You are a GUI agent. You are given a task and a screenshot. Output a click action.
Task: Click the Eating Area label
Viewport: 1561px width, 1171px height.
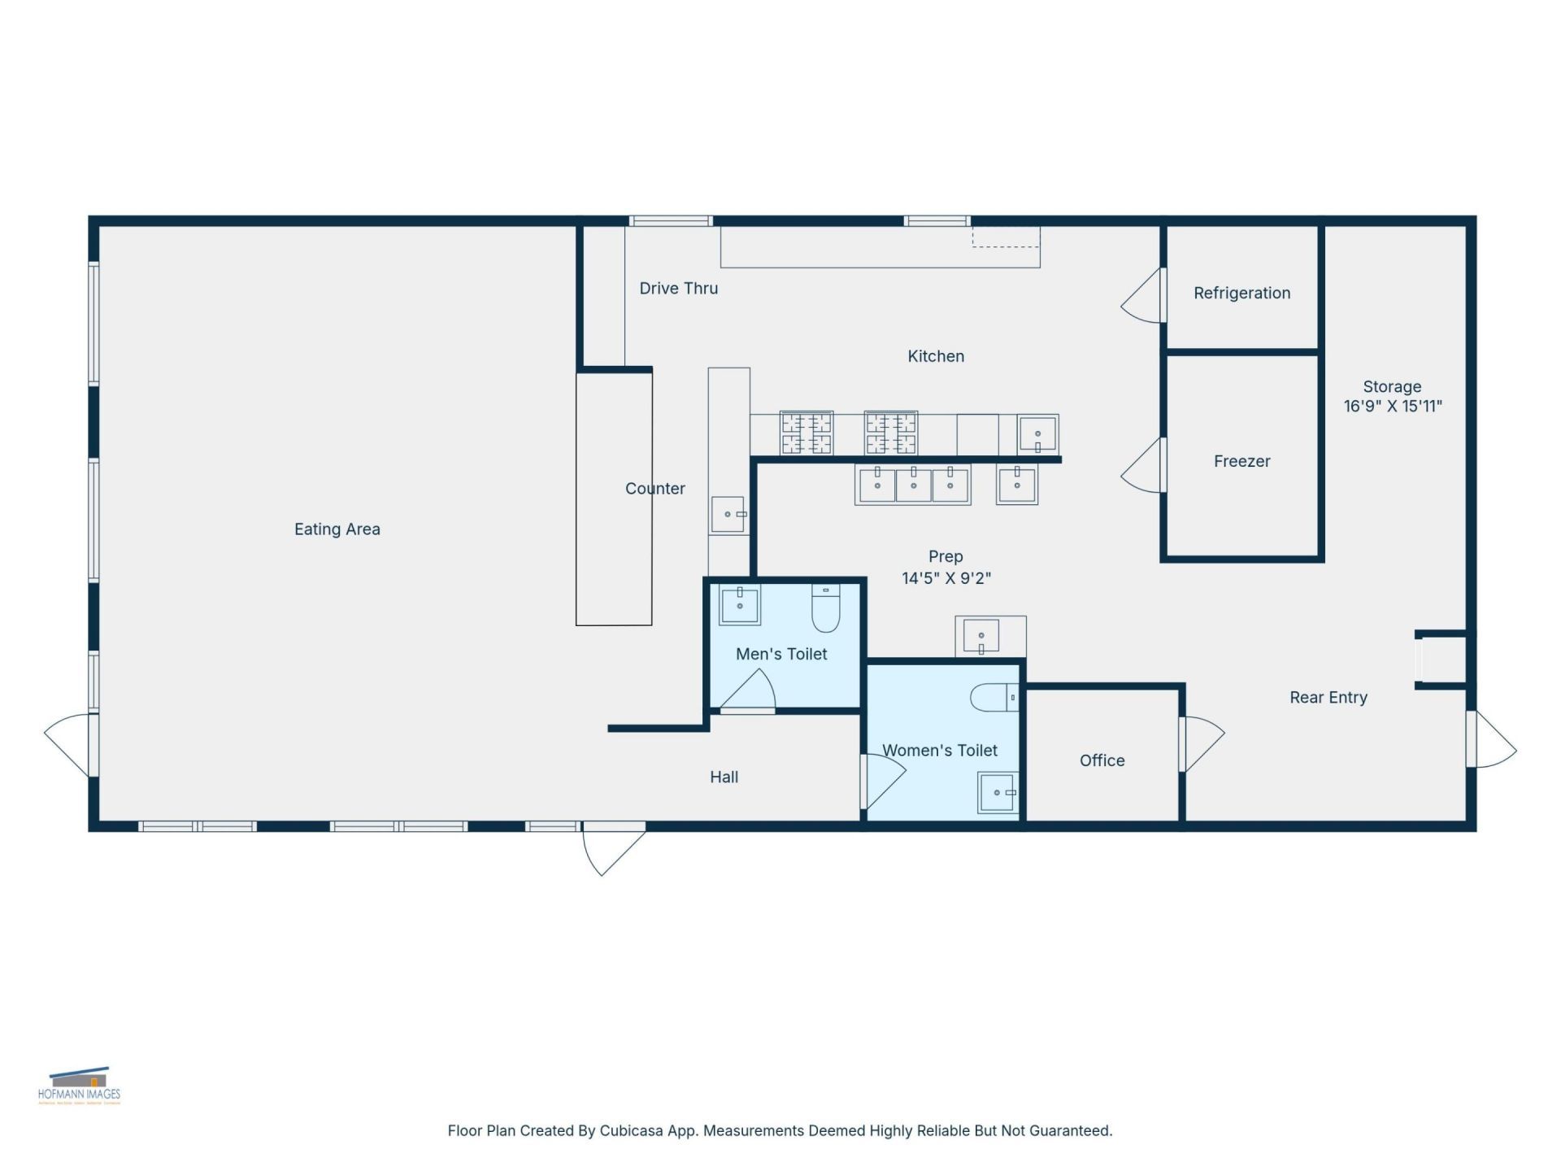tap(337, 529)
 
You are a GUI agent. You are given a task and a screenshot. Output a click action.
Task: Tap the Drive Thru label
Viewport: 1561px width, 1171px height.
tap(678, 289)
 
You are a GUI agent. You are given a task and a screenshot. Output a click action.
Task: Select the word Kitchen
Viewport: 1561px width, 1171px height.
tap(936, 356)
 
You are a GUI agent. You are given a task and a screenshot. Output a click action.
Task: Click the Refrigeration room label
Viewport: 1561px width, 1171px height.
tap(1241, 294)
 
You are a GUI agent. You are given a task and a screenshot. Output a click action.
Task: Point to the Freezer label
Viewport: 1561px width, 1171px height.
tap(1241, 461)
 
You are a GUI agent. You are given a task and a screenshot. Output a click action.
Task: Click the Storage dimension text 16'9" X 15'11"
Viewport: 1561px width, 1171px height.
tap(1392, 406)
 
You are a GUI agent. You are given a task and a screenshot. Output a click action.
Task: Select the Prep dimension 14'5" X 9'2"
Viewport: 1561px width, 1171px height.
tap(946, 578)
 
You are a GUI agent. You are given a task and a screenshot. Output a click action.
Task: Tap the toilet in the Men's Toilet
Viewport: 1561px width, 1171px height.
tap(825, 609)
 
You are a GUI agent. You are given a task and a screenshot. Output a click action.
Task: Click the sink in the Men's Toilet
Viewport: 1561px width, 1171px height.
tap(740, 605)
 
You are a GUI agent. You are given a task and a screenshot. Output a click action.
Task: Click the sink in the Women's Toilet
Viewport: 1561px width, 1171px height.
tap(998, 792)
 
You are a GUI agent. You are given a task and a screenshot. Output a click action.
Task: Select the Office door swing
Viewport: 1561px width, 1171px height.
tap(1202, 742)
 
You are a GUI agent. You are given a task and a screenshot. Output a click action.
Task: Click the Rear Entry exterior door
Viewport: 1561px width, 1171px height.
tap(1493, 740)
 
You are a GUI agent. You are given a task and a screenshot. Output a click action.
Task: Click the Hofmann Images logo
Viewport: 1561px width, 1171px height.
tap(79, 1086)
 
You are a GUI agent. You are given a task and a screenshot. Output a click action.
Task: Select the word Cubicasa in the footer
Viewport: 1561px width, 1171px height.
tap(631, 1131)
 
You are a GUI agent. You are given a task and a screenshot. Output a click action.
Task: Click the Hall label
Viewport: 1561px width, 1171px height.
tap(724, 777)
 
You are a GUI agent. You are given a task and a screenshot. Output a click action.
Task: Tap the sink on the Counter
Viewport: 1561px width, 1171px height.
tap(728, 515)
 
